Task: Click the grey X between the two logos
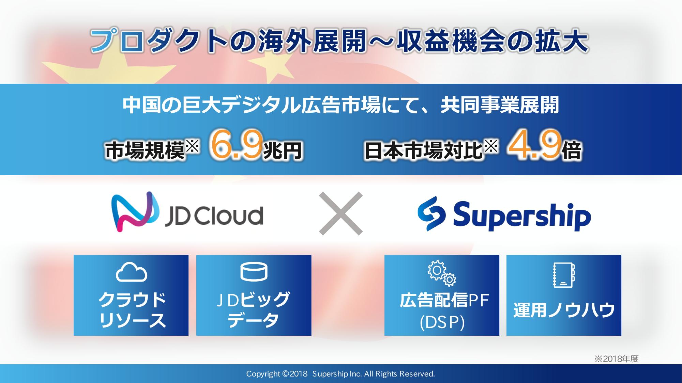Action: click(x=340, y=213)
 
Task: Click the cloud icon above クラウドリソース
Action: click(x=131, y=272)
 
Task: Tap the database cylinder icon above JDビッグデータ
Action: click(x=254, y=272)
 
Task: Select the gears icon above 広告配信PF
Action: click(x=442, y=273)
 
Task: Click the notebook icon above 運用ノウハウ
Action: click(x=564, y=275)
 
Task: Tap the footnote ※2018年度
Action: click(x=616, y=359)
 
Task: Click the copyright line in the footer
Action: click(x=340, y=374)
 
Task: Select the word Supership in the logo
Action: click(x=522, y=216)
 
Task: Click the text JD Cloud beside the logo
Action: click(x=214, y=216)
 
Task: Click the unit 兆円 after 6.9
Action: click(x=283, y=151)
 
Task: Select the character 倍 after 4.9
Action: click(x=571, y=151)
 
